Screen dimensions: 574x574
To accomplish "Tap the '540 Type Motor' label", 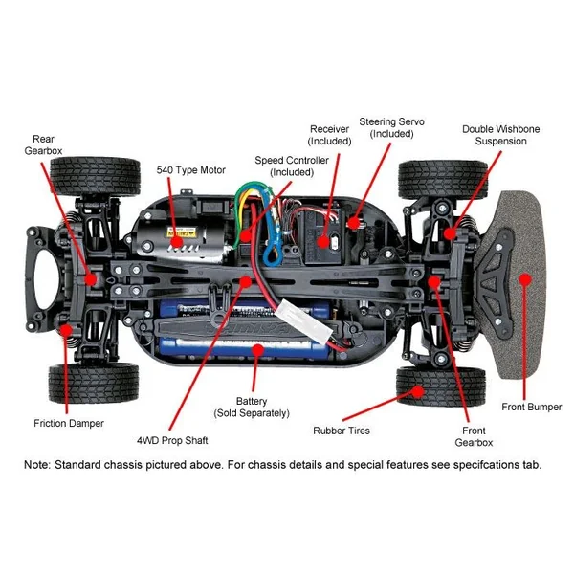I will (191, 170).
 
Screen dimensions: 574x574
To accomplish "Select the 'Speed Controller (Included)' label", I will (292, 166).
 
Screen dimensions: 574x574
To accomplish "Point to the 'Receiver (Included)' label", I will (330, 135).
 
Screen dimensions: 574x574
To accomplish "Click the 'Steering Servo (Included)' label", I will (391, 128).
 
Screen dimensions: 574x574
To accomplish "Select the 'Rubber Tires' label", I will (342, 430).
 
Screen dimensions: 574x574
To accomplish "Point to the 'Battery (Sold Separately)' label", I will (252, 407).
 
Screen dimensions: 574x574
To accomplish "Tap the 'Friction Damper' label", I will (68, 423).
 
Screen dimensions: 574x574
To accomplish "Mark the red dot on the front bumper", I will (524, 279).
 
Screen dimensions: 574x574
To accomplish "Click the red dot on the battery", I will (256, 350).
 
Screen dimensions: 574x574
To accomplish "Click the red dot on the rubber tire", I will (418, 390).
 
